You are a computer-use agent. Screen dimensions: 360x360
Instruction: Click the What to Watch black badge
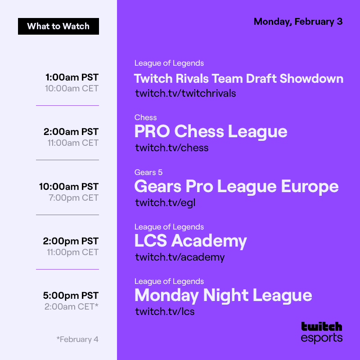[58, 26]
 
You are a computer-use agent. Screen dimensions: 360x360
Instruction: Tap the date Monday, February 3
[298, 22]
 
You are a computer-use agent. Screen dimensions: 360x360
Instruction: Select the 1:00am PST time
[72, 77]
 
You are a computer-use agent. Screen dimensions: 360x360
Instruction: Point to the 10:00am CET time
[72, 88]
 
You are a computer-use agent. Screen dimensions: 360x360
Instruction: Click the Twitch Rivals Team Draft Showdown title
[238, 79]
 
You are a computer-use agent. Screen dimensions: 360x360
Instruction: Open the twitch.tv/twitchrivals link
[185, 93]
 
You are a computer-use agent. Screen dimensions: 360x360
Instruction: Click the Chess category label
[145, 117]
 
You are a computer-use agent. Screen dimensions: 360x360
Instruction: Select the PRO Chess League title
[211, 131]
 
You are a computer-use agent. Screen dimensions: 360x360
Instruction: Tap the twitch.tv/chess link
[171, 148]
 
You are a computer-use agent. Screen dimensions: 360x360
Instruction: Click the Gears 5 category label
[148, 172]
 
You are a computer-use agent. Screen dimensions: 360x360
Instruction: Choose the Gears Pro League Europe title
[236, 186]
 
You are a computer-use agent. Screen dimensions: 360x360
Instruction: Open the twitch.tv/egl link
[165, 202]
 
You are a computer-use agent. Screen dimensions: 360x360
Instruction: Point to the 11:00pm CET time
[72, 252]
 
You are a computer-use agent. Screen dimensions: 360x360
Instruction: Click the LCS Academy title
[190, 241]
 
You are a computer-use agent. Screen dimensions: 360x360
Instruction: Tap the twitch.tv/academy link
[180, 257]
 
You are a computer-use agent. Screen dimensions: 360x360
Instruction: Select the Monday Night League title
[223, 295]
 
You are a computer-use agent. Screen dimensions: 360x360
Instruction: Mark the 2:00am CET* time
[71, 306]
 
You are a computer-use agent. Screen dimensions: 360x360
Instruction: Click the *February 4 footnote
[77, 339]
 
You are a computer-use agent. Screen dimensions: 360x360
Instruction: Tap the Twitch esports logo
[321, 332]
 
